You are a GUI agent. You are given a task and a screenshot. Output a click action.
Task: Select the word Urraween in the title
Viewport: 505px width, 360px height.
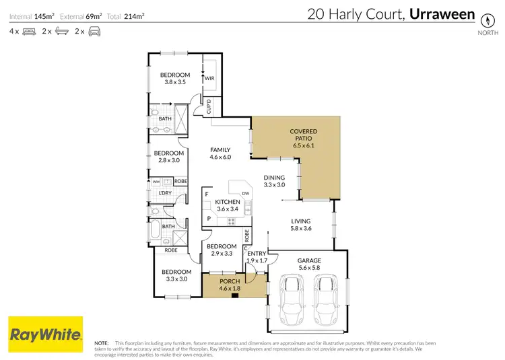point(445,13)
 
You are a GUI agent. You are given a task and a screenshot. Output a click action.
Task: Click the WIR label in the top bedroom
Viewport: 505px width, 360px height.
point(209,78)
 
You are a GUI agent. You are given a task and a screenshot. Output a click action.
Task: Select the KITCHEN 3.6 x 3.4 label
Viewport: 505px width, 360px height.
point(228,205)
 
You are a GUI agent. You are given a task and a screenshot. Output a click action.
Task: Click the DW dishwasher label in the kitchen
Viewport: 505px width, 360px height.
point(246,194)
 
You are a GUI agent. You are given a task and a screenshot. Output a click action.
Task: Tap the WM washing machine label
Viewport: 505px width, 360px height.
point(156,181)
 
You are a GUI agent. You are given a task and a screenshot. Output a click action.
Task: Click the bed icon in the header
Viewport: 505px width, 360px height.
point(29,31)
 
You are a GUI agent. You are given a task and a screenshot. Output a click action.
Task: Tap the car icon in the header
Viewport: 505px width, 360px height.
point(94,31)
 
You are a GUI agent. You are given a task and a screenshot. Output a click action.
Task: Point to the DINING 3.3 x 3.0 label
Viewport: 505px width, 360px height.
point(274,181)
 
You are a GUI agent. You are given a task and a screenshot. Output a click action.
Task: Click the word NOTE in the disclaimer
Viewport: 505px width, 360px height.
point(102,343)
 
